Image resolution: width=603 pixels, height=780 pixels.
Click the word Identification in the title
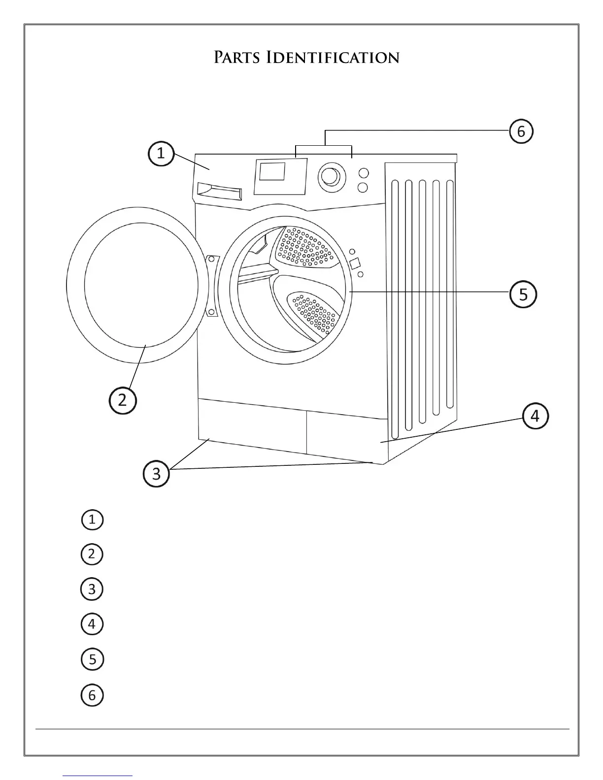[333, 58]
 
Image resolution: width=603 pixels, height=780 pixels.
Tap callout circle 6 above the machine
[521, 131]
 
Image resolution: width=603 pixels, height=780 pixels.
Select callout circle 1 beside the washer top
[161, 154]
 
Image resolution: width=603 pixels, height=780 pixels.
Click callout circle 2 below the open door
[123, 400]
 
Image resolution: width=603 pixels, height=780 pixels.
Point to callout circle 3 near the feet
[156, 474]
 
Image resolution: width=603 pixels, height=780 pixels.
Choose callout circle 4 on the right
[535, 417]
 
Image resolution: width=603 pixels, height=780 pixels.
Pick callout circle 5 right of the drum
[523, 294]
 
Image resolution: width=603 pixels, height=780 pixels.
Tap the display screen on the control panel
[272, 172]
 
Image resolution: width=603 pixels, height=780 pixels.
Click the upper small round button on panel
[363, 173]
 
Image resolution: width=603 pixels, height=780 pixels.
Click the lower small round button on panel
[363, 188]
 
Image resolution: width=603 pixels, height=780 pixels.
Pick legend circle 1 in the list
[92, 520]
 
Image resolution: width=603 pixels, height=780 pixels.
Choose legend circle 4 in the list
[92, 624]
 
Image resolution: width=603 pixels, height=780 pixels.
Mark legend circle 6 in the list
[92, 695]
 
